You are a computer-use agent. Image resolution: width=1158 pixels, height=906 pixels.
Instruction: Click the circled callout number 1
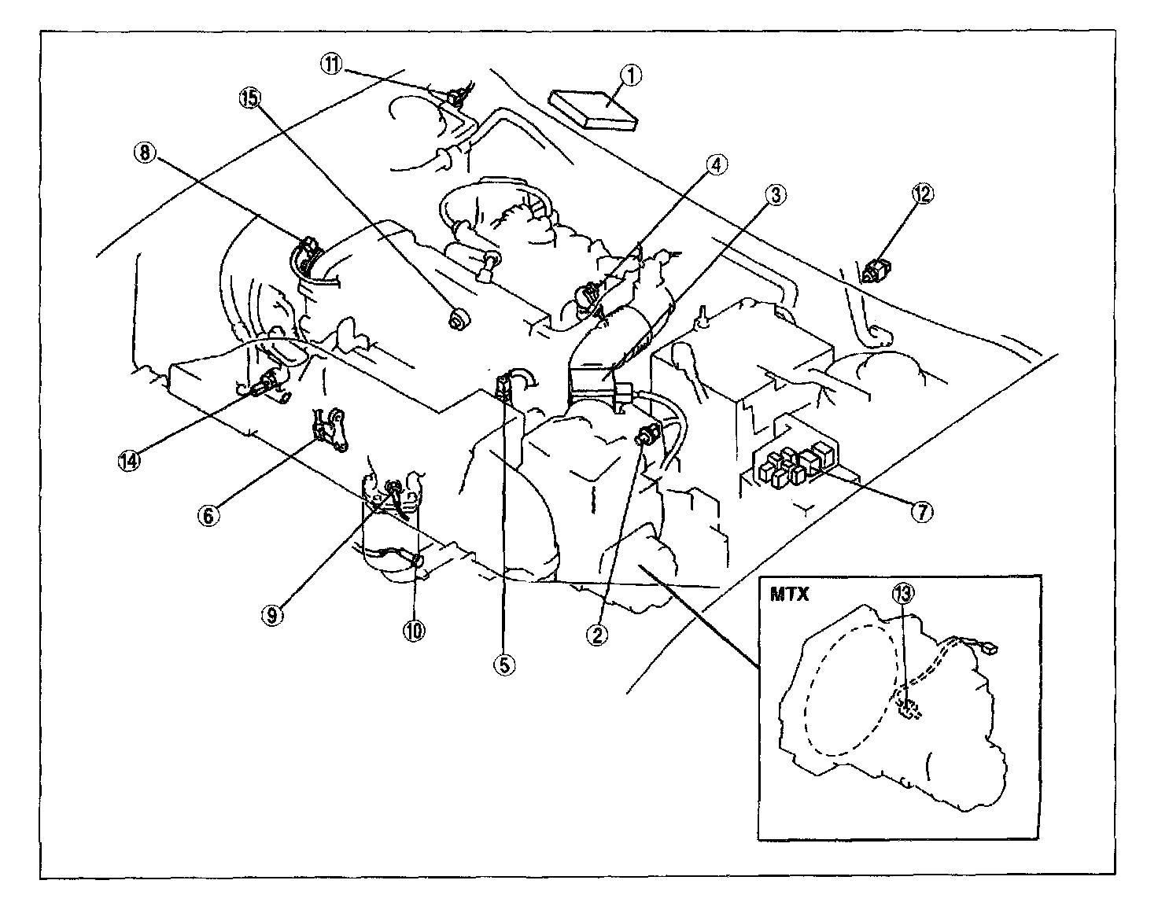click(632, 76)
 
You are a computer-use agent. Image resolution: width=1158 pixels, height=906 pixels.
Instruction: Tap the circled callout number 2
click(596, 635)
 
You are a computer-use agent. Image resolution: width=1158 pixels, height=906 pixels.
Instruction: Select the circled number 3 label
click(776, 196)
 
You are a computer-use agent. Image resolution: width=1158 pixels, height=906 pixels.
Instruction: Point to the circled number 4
click(717, 165)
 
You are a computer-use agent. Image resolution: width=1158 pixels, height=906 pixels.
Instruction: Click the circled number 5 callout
click(504, 665)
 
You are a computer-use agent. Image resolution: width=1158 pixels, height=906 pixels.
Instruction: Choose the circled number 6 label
click(208, 515)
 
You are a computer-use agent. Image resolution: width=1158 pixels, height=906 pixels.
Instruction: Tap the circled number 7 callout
click(922, 512)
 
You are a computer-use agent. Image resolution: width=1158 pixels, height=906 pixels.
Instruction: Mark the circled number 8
click(145, 153)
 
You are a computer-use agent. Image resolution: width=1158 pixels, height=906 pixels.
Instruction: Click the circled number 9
click(272, 616)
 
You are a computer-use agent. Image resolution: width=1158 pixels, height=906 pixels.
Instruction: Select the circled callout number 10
click(414, 631)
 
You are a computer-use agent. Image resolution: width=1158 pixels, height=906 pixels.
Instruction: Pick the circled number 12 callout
click(923, 194)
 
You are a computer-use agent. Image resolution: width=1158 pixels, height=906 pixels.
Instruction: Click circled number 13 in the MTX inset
click(903, 593)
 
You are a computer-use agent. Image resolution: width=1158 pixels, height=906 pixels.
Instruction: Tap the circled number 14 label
click(129, 460)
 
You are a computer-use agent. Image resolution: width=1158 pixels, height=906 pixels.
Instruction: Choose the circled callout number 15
click(250, 98)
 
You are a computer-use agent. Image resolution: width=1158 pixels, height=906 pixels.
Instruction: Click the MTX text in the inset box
click(789, 594)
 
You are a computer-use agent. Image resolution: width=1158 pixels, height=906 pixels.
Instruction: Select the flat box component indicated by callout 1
click(592, 109)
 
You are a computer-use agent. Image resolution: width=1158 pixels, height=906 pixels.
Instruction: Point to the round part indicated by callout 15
click(458, 319)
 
